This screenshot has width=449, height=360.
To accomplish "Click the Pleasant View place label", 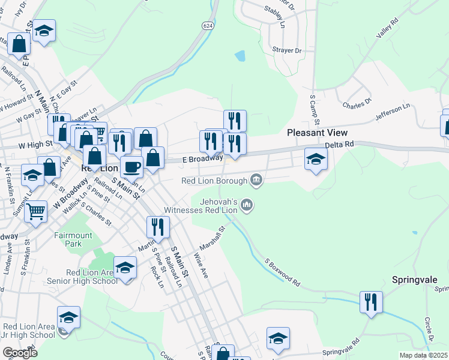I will click(x=318, y=133).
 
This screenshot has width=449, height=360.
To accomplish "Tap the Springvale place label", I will click(x=417, y=280).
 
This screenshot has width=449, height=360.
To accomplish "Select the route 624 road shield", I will click(x=207, y=26).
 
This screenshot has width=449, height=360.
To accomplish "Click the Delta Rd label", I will click(x=340, y=145).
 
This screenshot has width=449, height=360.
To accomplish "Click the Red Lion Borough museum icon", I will click(x=256, y=179).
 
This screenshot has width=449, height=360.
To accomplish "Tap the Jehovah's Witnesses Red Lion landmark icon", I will click(x=247, y=206).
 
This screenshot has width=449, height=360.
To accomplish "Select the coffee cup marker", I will click(x=131, y=166).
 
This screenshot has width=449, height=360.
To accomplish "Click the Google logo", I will click(x=20, y=353).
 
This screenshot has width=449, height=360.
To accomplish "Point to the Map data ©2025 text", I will click(x=423, y=355).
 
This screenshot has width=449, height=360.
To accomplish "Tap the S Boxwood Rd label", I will click(x=282, y=271).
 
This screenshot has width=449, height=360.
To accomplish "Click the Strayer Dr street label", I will click(x=286, y=51).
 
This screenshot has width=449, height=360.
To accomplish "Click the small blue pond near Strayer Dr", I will click(x=240, y=56).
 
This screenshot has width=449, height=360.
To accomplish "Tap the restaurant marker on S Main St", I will click(x=158, y=227).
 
